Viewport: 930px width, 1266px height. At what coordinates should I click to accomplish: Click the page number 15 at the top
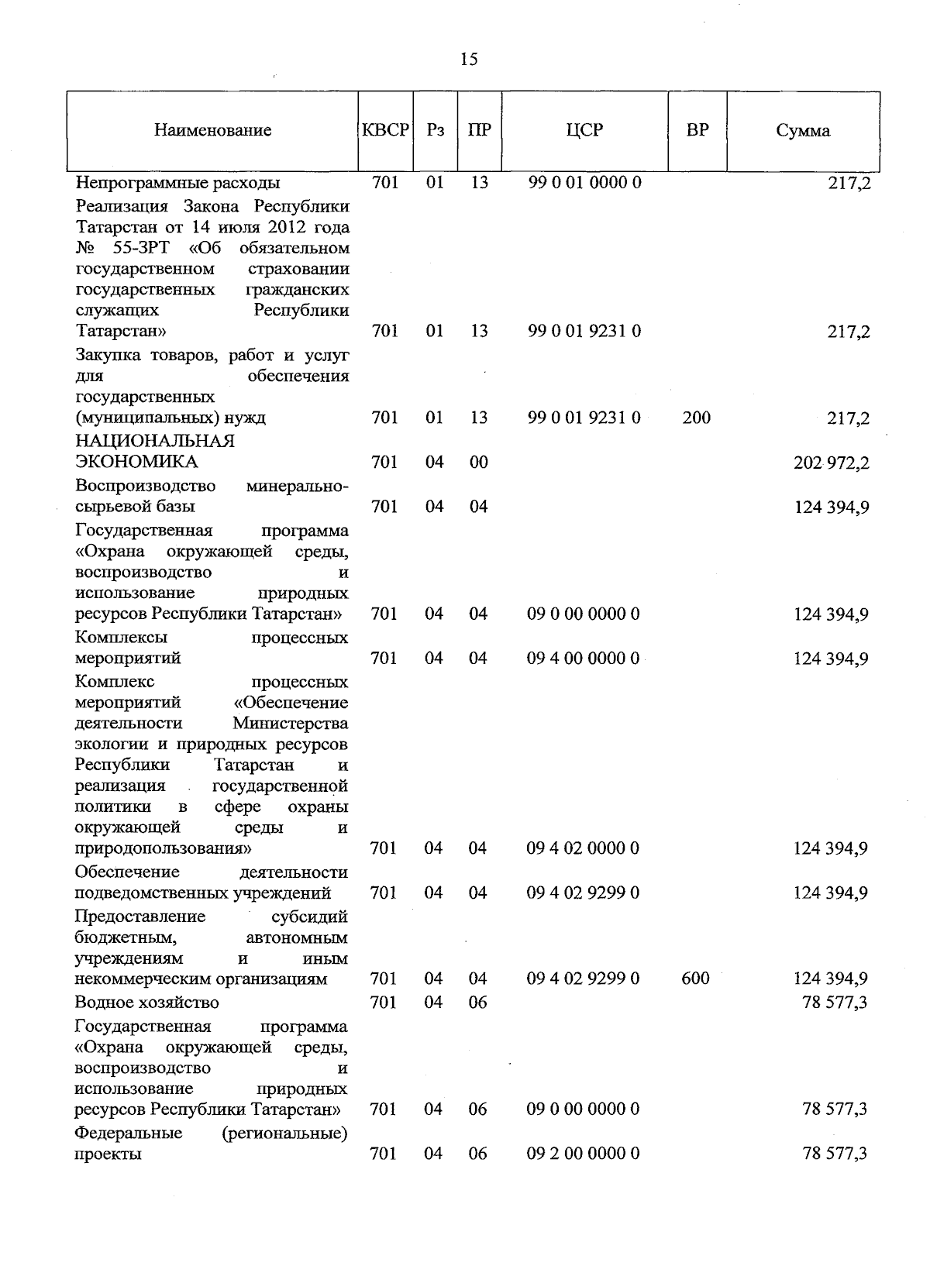coord(469,60)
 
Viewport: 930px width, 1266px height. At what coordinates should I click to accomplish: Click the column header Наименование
coord(212,130)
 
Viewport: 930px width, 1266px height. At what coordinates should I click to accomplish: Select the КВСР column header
coord(385,130)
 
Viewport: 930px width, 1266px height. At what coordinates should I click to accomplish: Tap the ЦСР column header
coord(584,130)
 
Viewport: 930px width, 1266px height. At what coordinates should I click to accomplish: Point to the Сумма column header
coord(803,131)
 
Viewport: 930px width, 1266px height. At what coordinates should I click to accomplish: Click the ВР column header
coord(697,130)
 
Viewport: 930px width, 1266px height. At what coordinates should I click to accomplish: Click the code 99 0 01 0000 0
coord(584,183)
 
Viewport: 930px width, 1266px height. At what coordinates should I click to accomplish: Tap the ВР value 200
coord(696,418)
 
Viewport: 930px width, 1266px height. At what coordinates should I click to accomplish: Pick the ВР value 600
coord(695,979)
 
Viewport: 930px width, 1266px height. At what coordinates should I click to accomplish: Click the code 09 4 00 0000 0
coord(584,658)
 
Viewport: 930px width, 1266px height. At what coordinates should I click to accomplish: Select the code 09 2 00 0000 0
coord(584,1154)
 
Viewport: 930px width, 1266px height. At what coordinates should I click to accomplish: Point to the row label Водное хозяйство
coord(146,1003)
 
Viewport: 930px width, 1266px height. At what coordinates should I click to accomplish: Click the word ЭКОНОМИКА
coord(136,462)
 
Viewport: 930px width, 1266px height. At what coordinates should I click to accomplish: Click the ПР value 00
coord(479,463)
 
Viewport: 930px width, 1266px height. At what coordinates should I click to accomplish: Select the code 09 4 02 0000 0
coord(584,848)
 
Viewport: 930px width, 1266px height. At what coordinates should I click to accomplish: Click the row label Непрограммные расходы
coord(177,184)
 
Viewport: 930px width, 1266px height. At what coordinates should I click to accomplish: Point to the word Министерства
coord(290,724)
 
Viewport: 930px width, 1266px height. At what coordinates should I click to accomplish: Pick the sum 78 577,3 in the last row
coord(835,1154)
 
